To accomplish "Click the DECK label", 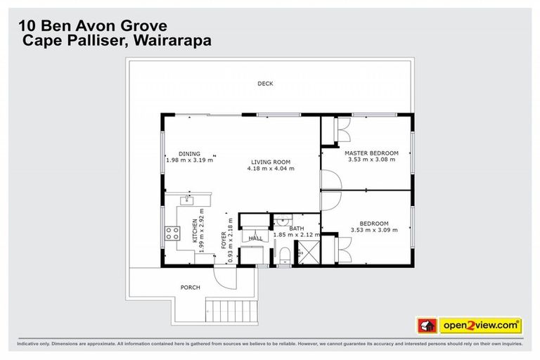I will pyautogui.click(x=265, y=84).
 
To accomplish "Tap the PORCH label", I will pyautogui.click(x=190, y=288).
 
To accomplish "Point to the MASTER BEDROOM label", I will pyautogui.click(x=371, y=153).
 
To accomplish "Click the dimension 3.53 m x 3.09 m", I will pyautogui.click(x=371, y=230).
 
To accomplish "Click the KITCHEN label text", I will pyautogui.click(x=195, y=231).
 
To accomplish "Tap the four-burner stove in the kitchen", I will pyautogui.click(x=171, y=233).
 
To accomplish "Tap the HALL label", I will pyautogui.click(x=256, y=238).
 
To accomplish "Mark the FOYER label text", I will pyautogui.click(x=224, y=242).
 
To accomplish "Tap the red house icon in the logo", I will pyautogui.click(x=425, y=326).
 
